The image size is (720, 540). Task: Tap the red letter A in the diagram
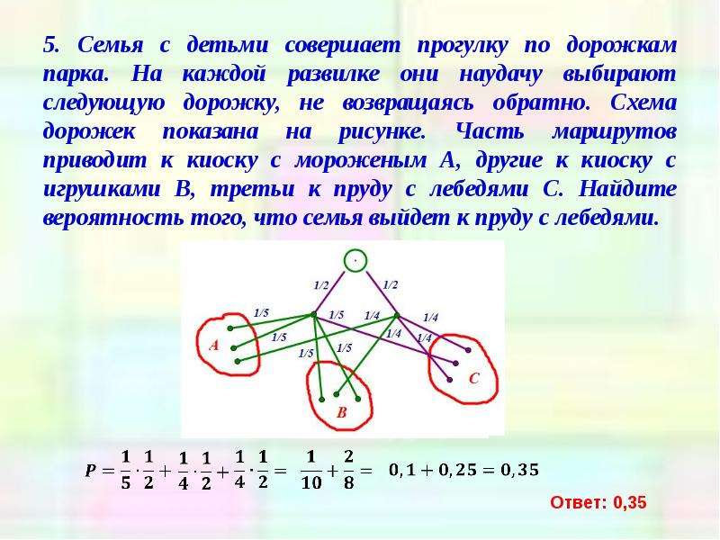pyautogui.click(x=214, y=346)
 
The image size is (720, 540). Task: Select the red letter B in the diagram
pyautogui.click(x=341, y=412)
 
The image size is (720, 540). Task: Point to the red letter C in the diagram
pyautogui.click(x=474, y=378)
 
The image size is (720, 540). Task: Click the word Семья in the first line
pyautogui.click(x=110, y=45)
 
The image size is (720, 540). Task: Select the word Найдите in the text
pyautogui.click(x=627, y=189)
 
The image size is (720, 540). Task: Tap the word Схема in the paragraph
pyautogui.click(x=643, y=103)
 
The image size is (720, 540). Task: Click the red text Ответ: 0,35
pyautogui.click(x=598, y=503)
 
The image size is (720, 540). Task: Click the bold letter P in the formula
pyautogui.click(x=91, y=470)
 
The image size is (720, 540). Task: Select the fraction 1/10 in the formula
pyautogui.click(x=310, y=470)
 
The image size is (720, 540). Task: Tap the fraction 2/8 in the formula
pyautogui.click(x=348, y=470)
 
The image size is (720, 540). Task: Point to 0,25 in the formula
pyautogui.click(x=446, y=470)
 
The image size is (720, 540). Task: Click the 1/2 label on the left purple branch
pyautogui.click(x=321, y=285)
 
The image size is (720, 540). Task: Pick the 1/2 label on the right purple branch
pyautogui.click(x=390, y=285)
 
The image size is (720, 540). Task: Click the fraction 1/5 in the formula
pyautogui.click(x=125, y=470)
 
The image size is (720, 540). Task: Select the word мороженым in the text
pyautogui.click(x=361, y=161)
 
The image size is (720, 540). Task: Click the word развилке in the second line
pyautogui.click(x=333, y=75)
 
